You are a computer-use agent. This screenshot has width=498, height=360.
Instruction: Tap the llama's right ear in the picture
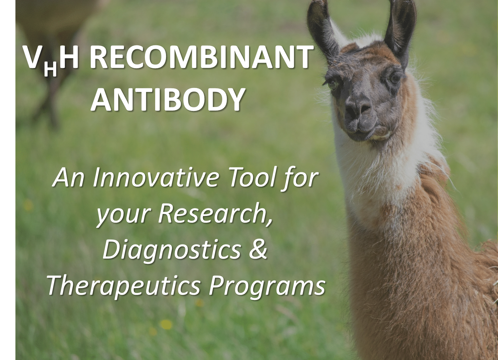pos(400,29)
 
